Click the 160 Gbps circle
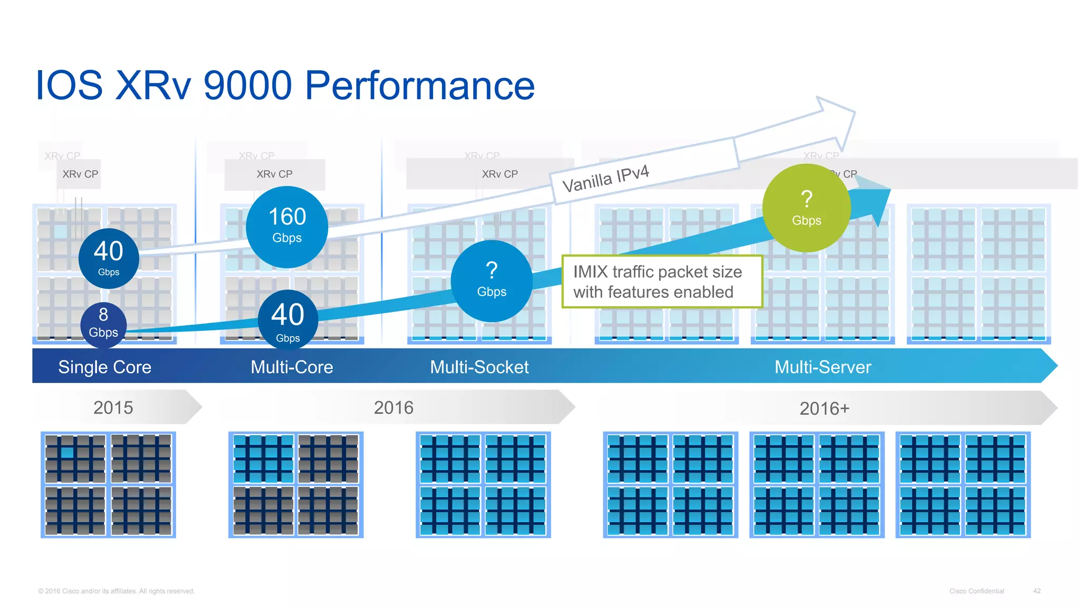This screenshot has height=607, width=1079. pos(287,227)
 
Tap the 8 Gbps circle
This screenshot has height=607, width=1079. pos(103,324)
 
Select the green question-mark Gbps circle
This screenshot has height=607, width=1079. pos(806,208)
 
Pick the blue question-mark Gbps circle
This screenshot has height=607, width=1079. pos(492,281)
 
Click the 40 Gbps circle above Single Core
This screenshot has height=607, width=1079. pos(109,258)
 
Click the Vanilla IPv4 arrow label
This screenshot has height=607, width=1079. pos(606,179)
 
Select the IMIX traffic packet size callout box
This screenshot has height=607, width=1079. pos(662,281)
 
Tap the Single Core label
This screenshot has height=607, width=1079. pos(105,367)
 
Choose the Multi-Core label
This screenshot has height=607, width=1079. pos(292,367)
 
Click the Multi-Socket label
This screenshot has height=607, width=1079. pos(479,367)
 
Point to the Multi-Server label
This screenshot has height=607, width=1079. pos(822,367)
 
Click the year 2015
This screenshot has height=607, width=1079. pos(113,407)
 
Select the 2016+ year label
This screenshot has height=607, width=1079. pos(825,408)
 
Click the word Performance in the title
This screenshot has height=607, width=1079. pos(419,85)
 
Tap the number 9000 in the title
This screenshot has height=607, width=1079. pos(247,85)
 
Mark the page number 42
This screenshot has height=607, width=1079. pos(1036,591)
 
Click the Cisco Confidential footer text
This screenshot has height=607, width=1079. pos(976,591)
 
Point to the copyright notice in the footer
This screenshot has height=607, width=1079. pos(116,591)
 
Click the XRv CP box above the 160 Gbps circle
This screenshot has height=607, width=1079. pos(274,174)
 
